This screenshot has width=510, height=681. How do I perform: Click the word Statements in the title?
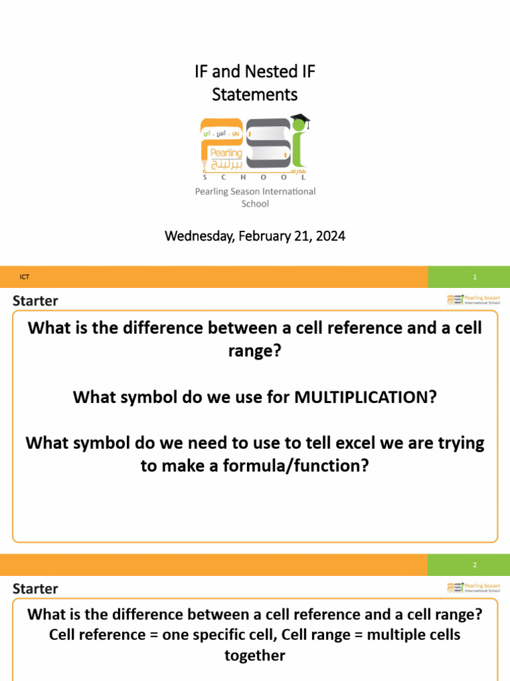(255, 94)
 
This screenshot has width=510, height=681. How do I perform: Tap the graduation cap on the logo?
(300, 122)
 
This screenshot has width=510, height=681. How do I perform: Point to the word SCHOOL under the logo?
(255, 178)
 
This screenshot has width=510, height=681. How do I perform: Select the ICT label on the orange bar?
(25, 277)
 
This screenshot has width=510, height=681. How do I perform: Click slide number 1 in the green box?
(475, 277)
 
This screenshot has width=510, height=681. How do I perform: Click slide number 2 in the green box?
(475, 565)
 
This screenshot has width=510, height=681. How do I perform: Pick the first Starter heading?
(35, 301)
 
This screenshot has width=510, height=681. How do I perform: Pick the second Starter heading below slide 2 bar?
(35, 589)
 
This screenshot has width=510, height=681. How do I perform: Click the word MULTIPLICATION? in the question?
(366, 397)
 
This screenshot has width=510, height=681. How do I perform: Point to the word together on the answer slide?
(255, 656)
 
